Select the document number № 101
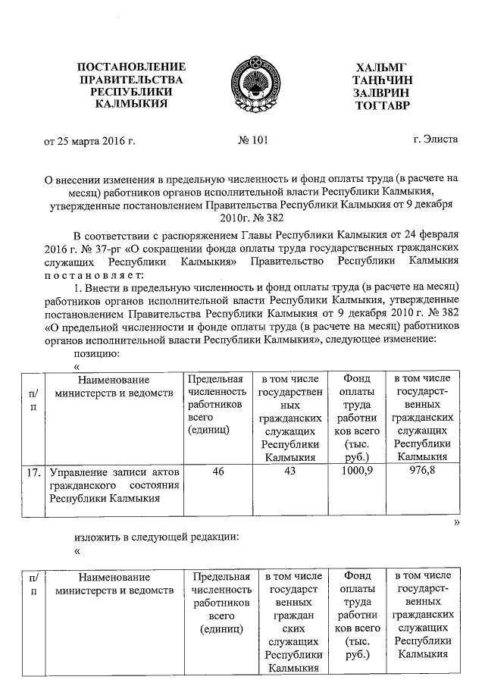253,139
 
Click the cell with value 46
217,471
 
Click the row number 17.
33,471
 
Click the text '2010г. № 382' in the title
251,217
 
